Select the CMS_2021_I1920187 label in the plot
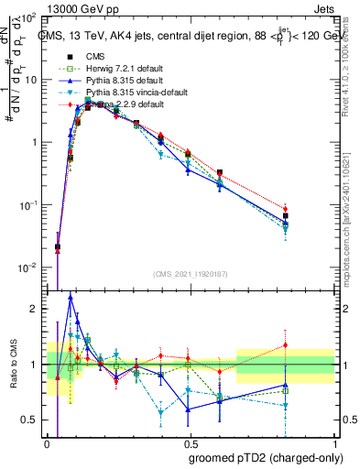191,272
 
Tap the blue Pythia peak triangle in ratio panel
71,297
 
